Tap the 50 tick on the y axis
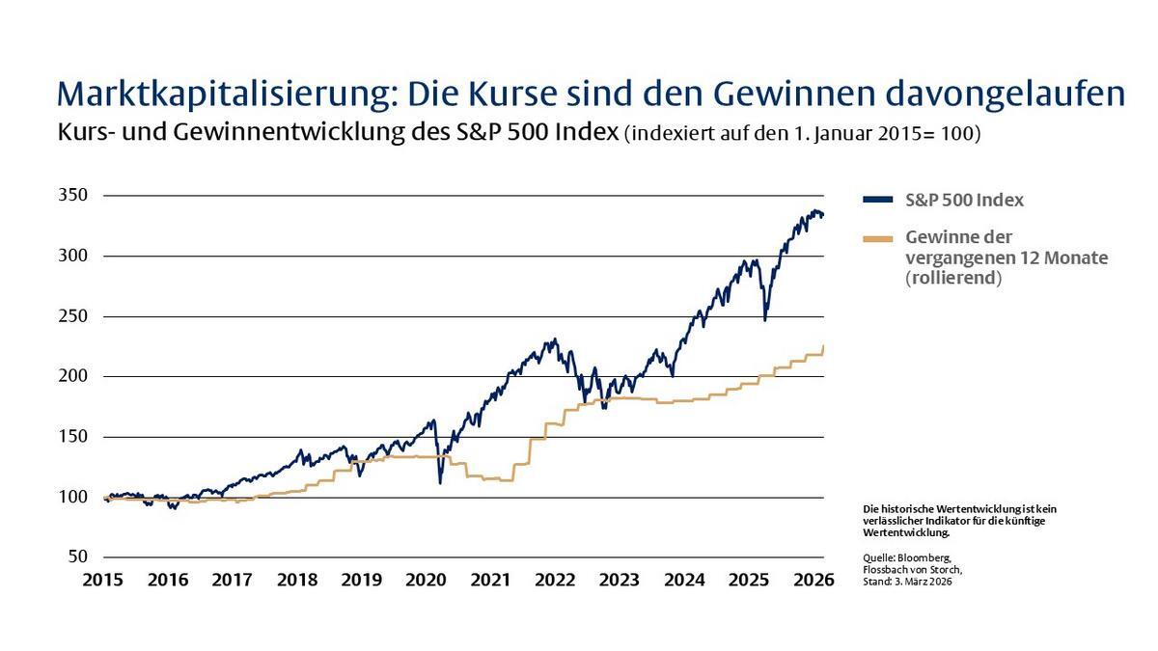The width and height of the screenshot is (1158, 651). (x=78, y=557)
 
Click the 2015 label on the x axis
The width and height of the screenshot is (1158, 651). (x=103, y=581)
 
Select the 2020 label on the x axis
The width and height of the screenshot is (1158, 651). (x=426, y=581)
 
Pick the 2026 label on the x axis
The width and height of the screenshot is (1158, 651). (x=813, y=581)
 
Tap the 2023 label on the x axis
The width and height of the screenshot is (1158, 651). (x=619, y=581)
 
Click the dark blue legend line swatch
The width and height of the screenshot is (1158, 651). (x=877, y=202)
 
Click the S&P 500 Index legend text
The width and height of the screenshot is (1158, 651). (x=964, y=201)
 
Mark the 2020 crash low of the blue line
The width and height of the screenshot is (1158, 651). (x=440, y=482)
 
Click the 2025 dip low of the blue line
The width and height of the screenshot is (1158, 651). (x=765, y=319)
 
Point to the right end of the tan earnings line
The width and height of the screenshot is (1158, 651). (x=823, y=345)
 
